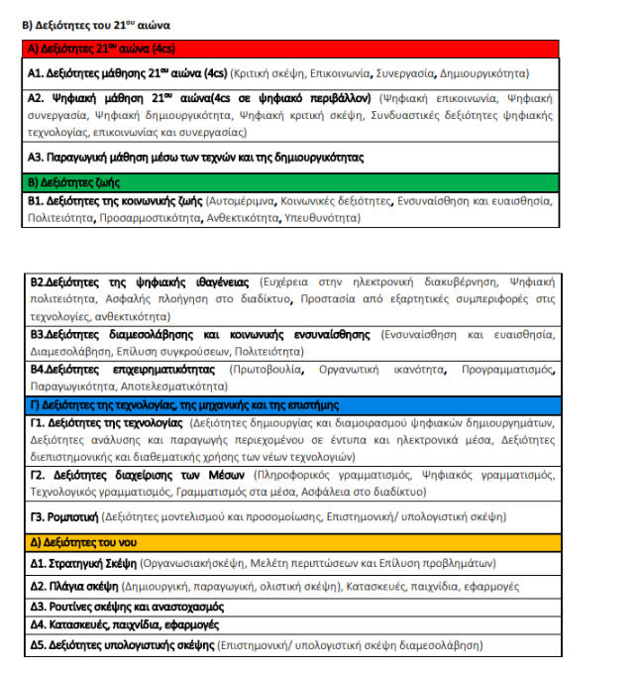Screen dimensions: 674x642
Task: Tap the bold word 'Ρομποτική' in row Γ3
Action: pos(66,516)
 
